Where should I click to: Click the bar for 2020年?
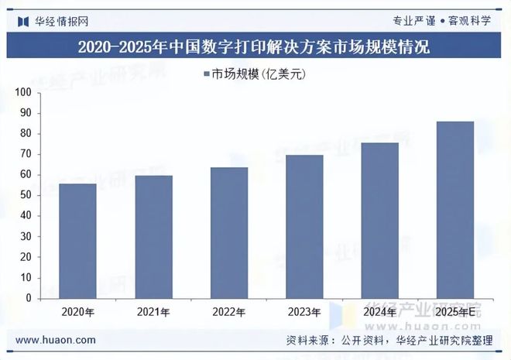click(x=78, y=241)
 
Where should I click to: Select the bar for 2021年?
click(x=153, y=237)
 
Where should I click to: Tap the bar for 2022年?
click(x=228, y=232)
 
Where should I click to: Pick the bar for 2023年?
click(x=304, y=227)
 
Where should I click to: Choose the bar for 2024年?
click(x=379, y=221)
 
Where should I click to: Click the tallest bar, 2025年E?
click(x=455, y=210)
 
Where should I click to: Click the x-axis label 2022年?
click(x=228, y=312)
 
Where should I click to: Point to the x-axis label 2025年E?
click(x=455, y=312)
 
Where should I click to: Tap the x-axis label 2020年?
click(x=78, y=312)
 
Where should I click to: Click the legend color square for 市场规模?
click(x=207, y=74)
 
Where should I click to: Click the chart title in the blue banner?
click(x=255, y=46)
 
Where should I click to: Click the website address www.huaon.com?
click(x=56, y=340)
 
